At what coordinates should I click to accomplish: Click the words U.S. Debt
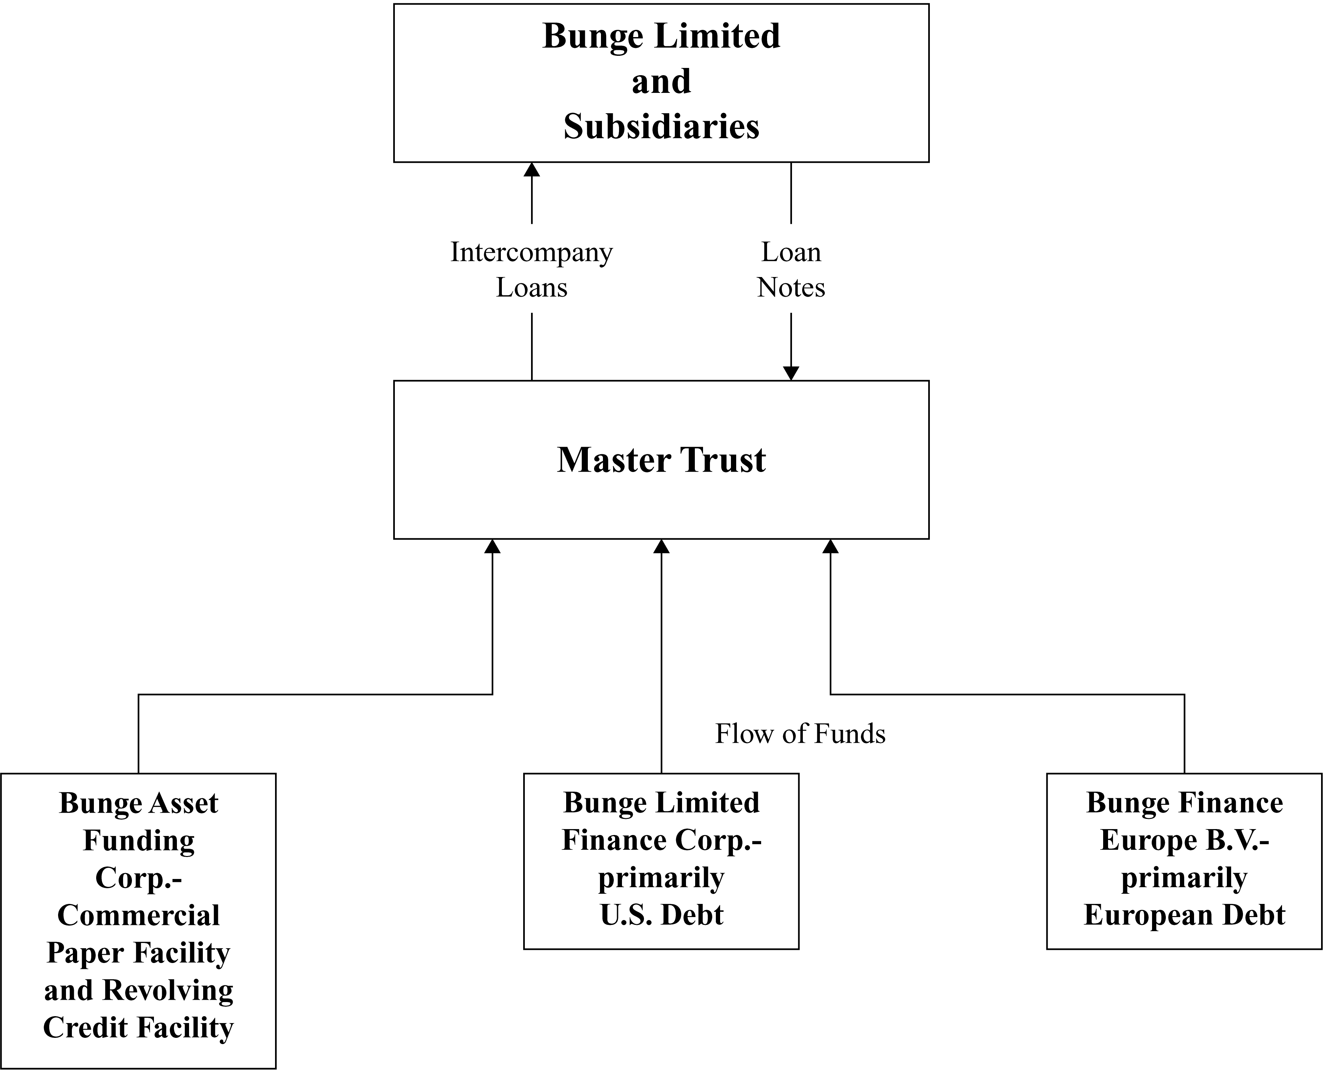[x=661, y=915]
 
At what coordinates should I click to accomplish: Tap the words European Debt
[x=1184, y=915]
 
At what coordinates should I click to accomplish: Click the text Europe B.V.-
[x=1184, y=840]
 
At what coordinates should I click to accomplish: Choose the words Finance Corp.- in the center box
[x=661, y=840]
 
